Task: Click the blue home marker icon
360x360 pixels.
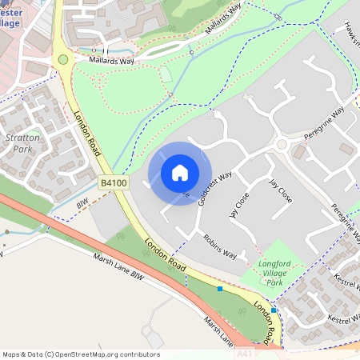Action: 180,172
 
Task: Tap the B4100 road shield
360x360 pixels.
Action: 113,184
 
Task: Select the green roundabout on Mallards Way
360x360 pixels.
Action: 62,59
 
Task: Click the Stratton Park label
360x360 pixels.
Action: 22,143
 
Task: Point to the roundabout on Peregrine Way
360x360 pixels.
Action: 281,145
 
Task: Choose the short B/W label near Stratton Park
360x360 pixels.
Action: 80,205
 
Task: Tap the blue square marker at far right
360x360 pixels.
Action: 274,310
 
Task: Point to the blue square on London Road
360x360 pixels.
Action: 219,288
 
